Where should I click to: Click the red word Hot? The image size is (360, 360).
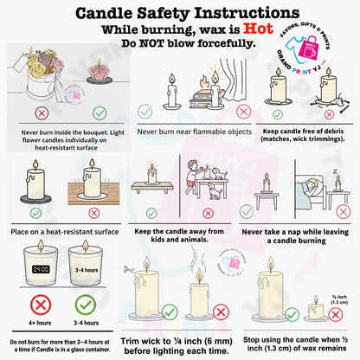tap(258, 29)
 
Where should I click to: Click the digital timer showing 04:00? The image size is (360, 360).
tap(41, 269)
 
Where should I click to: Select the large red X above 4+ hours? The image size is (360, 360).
tap(41, 305)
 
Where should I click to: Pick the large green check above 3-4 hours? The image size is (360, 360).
tap(86, 305)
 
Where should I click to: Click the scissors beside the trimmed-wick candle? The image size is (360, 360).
tap(128, 269)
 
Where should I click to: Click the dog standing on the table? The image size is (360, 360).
tap(220, 174)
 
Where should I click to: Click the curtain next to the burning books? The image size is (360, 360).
tap(234, 80)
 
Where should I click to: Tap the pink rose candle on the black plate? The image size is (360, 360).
tap(99, 73)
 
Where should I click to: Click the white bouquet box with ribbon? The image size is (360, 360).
tap(43, 87)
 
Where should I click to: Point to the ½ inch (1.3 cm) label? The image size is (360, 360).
tap(339, 299)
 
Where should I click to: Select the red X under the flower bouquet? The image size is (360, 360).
tap(42, 113)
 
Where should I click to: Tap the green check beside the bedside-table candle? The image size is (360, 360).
tap(247, 212)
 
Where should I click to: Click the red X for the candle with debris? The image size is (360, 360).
tap(329, 114)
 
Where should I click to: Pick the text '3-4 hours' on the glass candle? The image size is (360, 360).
tap(87, 270)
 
